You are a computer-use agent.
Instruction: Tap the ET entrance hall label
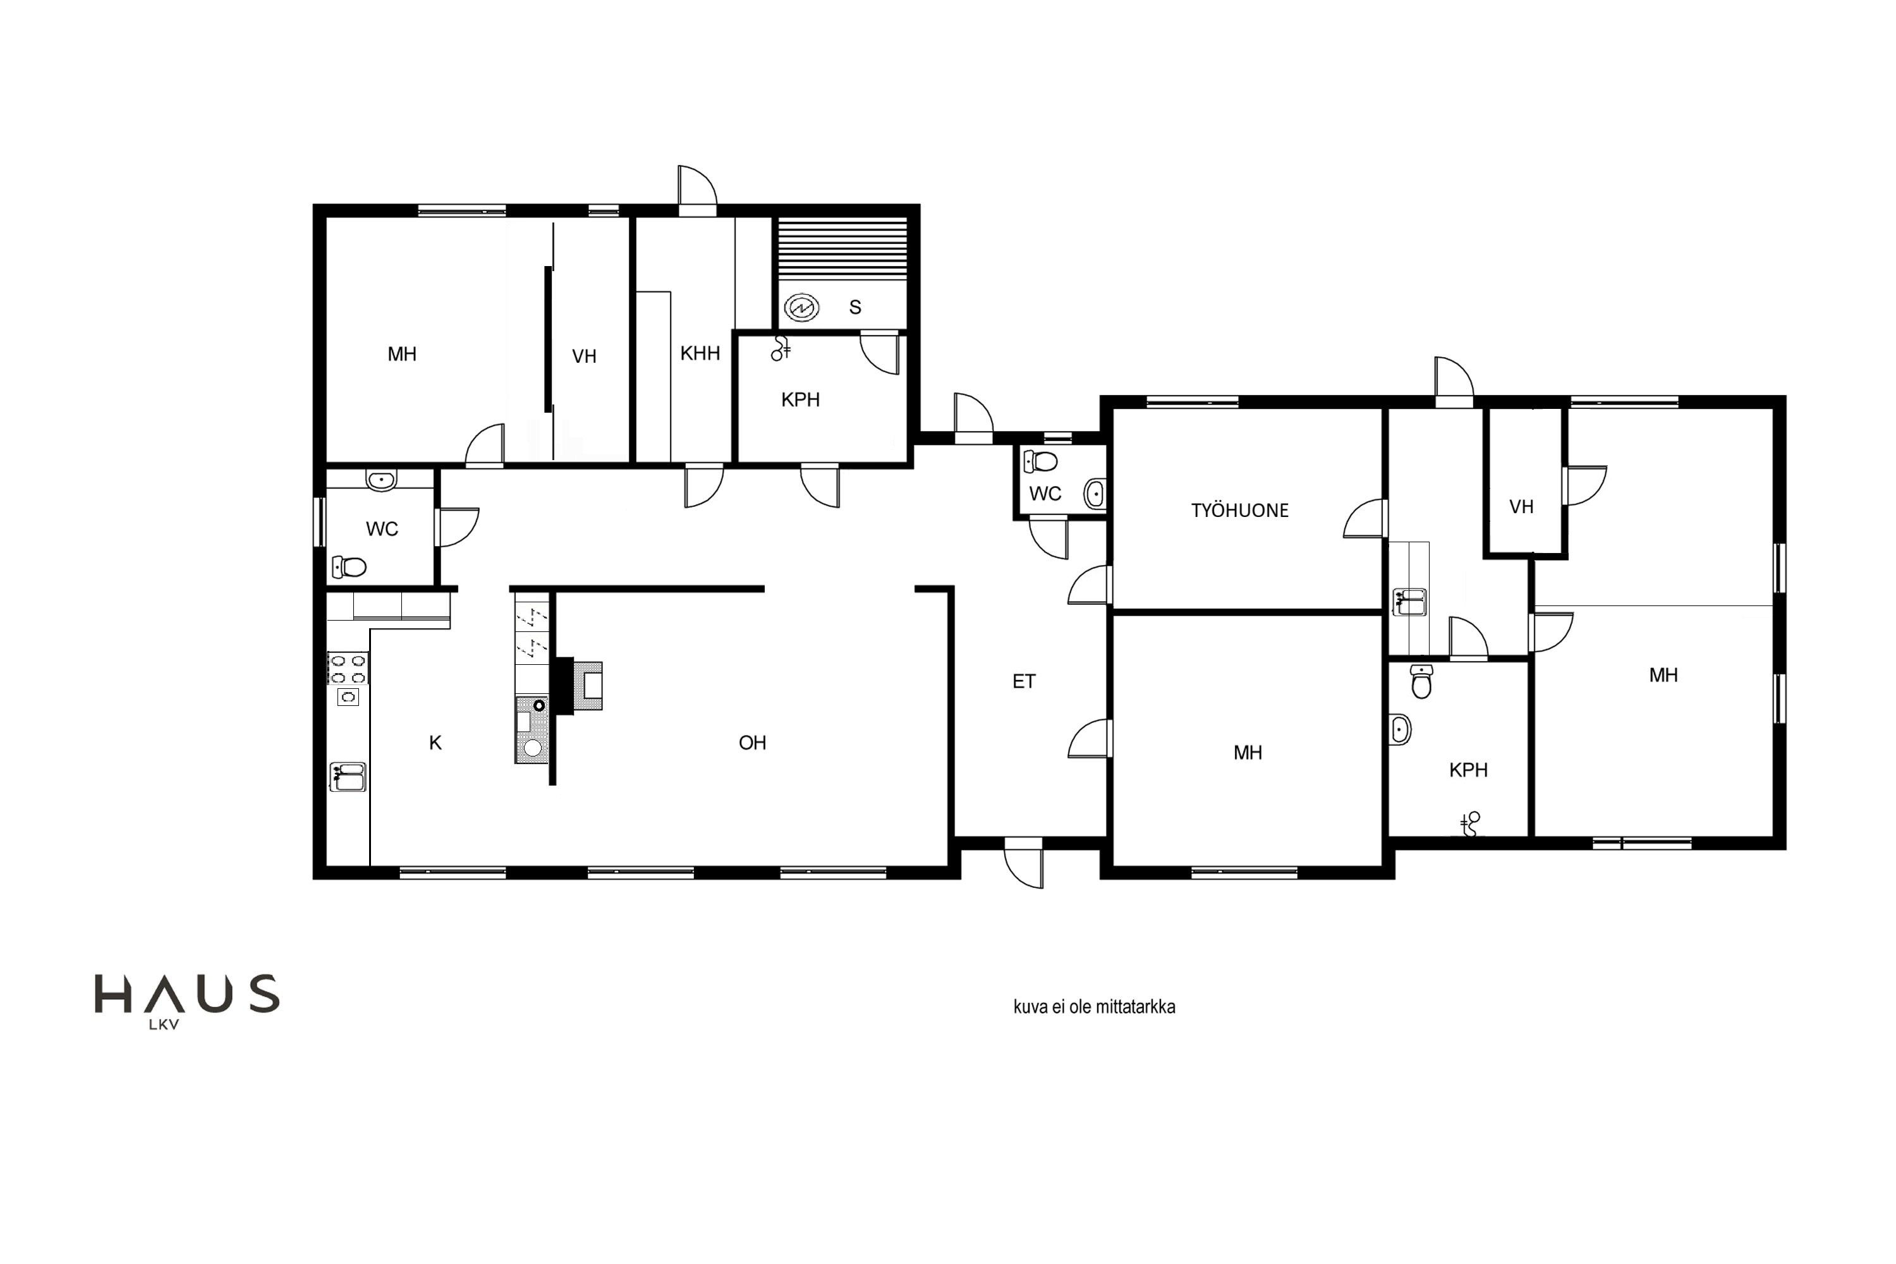(1024, 681)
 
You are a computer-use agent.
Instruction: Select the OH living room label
(752, 743)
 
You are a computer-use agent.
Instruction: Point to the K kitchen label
(435, 743)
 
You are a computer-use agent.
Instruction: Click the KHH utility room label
(700, 353)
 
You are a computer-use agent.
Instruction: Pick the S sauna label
(855, 307)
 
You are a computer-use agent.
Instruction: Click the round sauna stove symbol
(801, 307)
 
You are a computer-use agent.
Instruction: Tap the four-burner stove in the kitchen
(348, 668)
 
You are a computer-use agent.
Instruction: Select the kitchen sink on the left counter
(348, 777)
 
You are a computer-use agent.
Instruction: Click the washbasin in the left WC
(381, 480)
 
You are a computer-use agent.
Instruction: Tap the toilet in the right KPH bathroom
(1422, 681)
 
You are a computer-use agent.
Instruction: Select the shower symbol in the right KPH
(1471, 824)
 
